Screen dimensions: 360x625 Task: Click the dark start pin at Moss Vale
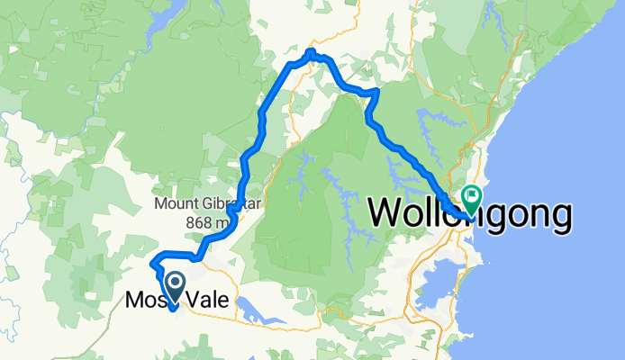click(172, 287)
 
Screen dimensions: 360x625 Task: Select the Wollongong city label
click(470, 214)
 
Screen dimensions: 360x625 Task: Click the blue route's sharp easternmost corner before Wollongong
click(376, 92)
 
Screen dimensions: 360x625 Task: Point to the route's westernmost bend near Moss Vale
click(152, 264)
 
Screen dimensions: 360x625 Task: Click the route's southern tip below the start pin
click(172, 310)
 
